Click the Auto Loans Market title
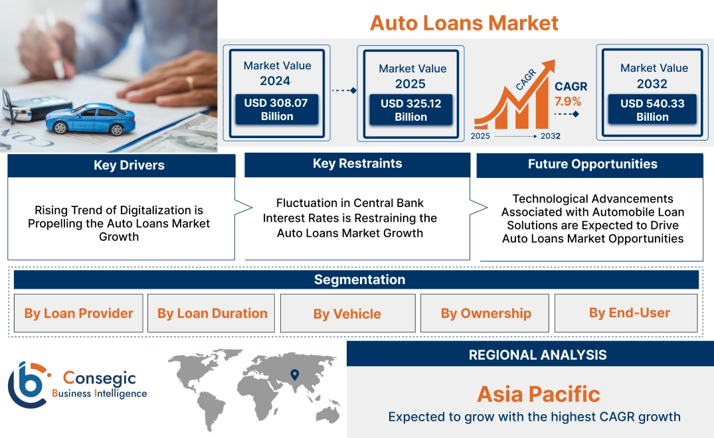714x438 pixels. [464, 23]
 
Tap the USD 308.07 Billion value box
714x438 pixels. [277, 110]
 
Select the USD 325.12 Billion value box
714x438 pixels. [410, 110]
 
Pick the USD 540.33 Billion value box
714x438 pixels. [652, 110]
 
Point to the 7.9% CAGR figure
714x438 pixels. [568, 102]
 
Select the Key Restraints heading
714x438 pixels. [357, 164]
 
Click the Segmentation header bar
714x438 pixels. [359, 279]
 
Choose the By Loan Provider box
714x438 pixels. [78, 313]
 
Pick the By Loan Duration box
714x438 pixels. [212, 313]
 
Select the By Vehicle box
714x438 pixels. [347, 313]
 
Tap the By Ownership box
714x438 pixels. [486, 313]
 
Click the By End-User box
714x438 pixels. [629, 313]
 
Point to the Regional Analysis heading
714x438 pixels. [537, 354]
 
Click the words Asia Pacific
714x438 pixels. [538, 394]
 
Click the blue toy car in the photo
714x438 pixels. [89, 117]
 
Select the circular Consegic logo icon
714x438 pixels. [27, 384]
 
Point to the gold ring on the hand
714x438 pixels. [190, 82]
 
